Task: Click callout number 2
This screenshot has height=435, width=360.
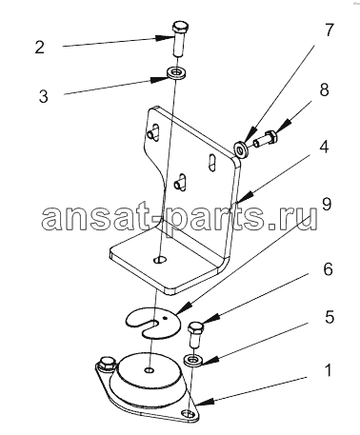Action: click(x=39, y=47)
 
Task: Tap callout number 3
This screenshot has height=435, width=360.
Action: click(x=44, y=96)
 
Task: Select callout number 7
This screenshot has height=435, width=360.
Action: click(x=330, y=30)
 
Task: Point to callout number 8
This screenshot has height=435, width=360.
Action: click(x=324, y=89)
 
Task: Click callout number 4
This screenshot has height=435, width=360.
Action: click(x=324, y=147)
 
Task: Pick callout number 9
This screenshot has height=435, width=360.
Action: click(x=327, y=204)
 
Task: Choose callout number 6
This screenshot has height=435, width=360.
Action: click(x=328, y=269)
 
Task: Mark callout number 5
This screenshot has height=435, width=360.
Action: click(x=330, y=317)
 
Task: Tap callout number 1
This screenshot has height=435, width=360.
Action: click(x=329, y=370)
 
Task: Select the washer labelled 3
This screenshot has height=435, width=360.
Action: click(x=176, y=73)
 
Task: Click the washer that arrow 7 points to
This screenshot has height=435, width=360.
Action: click(x=242, y=147)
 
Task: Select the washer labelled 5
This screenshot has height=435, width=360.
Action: click(x=193, y=361)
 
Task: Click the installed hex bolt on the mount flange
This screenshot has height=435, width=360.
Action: click(x=107, y=365)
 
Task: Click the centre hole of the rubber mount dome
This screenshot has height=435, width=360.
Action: click(x=150, y=370)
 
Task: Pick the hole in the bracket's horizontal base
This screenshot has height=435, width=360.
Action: click(x=160, y=260)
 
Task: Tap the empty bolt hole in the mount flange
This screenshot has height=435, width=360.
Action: click(x=188, y=414)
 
